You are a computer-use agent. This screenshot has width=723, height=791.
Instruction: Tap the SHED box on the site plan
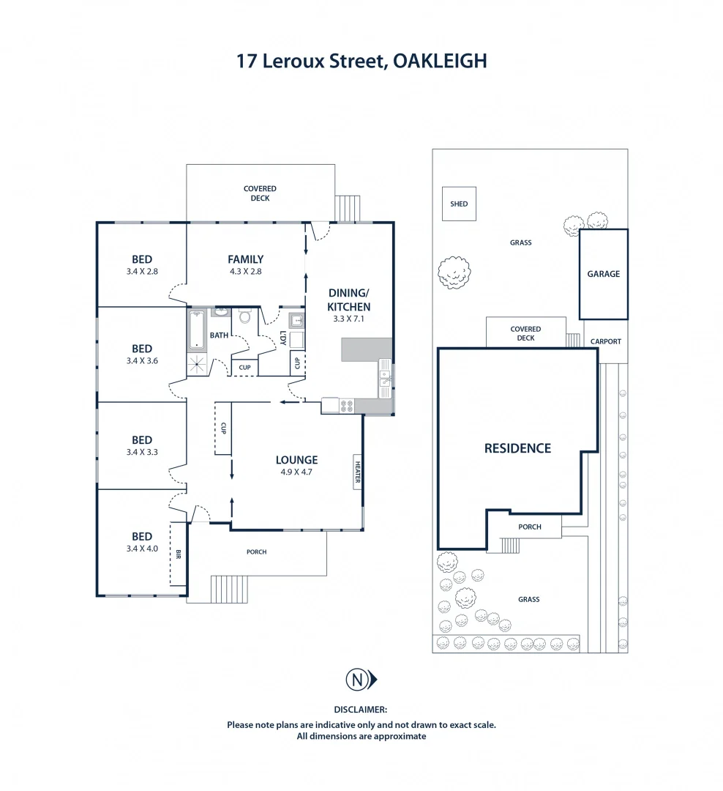click(x=459, y=204)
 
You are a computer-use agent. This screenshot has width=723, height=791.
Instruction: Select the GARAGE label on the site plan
click(x=603, y=274)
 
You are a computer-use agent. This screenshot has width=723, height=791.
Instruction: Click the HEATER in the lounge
click(x=358, y=471)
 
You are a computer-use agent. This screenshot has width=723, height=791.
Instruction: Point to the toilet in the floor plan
click(x=245, y=318)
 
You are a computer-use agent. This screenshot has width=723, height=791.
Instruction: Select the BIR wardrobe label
click(x=177, y=553)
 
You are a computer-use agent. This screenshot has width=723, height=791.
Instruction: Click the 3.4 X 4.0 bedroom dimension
click(x=142, y=548)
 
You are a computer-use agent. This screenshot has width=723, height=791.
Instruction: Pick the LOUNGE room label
click(x=296, y=460)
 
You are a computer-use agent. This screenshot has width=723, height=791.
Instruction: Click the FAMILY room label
click(x=245, y=259)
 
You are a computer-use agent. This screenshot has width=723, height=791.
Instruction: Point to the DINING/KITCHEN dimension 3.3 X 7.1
click(x=348, y=319)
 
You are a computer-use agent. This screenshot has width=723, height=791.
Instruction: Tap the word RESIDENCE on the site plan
click(x=517, y=448)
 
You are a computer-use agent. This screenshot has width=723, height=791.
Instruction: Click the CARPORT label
click(x=606, y=341)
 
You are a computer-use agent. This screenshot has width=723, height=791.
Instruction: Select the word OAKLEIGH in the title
click(x=440, y=61)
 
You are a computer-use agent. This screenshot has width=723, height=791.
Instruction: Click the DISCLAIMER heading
click(x=360, y=710)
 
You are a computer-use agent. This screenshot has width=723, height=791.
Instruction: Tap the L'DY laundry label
click(x=283, y=340)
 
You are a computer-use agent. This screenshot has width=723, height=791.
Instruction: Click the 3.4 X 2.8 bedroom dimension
click(x=142, y=271)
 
